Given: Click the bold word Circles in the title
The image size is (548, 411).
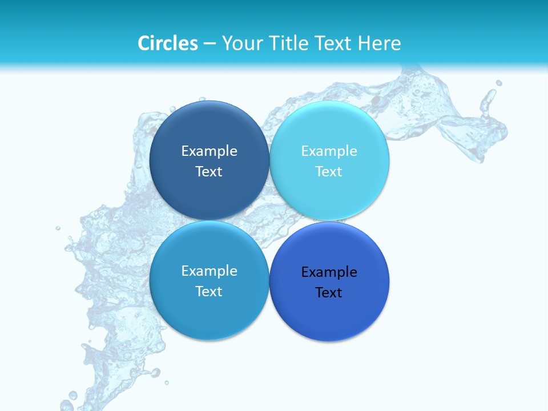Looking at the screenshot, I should [x=167, y=43].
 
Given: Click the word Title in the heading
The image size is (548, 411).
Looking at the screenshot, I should [x=287, y=43].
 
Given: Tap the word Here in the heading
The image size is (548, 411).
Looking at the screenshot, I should [x=379, y=43].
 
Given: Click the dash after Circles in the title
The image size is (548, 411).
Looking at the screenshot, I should [x=209, y=44].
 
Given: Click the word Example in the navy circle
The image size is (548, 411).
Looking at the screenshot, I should [x=209, y=151].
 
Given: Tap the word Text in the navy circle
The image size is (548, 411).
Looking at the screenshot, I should [x=209, y=171].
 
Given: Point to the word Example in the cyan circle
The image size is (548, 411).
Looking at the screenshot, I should [x=329, y=151].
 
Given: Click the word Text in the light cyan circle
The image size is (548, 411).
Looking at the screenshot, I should [x=329, y=171].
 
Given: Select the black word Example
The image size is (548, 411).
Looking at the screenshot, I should [x=329, y=272].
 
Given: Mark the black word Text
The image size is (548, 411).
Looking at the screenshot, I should [x=329, y=292].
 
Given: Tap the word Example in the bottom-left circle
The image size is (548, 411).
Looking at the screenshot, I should [x=209, y=271].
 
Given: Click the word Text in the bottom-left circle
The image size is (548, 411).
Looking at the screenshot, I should [x=209, y=291].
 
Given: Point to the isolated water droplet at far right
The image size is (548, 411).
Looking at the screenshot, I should [x=498, y=83].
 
